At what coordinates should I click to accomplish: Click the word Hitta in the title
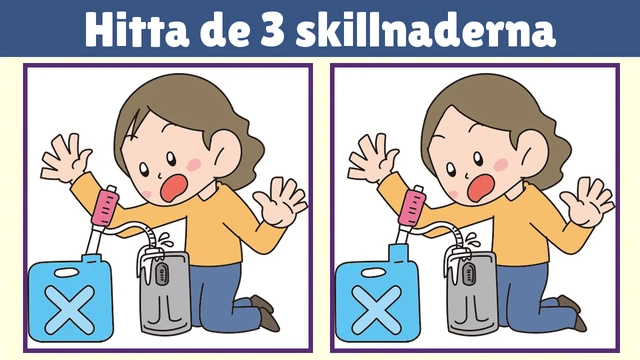[137, 30]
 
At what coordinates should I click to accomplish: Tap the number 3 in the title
[272, 30]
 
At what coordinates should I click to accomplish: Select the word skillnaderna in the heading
[425, 30]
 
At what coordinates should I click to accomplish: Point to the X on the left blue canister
[70, 309]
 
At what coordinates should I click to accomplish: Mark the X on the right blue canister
[377, 309]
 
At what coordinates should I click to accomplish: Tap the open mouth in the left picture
[174, 187]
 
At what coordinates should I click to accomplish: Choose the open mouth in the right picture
[481, 187]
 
